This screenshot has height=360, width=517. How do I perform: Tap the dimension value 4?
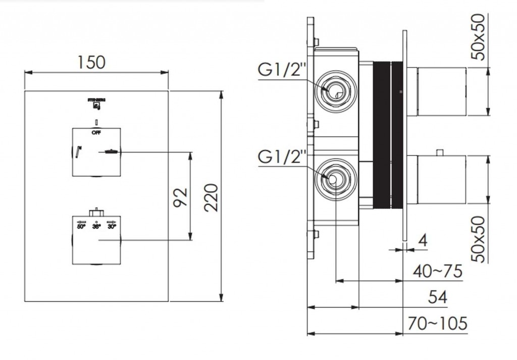click(x=423, y=240)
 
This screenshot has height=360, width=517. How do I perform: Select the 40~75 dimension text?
click(x=437, y=272)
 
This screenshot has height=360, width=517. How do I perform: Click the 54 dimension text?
click(x=437, y=297)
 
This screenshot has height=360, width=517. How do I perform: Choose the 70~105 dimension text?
click(x=438, y=323)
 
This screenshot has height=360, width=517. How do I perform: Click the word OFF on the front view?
click(x=96, y=132)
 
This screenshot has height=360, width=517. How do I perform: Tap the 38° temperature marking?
click(x=96, y=227)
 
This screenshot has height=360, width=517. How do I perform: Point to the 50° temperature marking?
click(x=81, y=227)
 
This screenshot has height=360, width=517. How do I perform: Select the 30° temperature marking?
click(x=112, y=227)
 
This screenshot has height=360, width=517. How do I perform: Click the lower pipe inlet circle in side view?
click(x=334, y=180)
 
